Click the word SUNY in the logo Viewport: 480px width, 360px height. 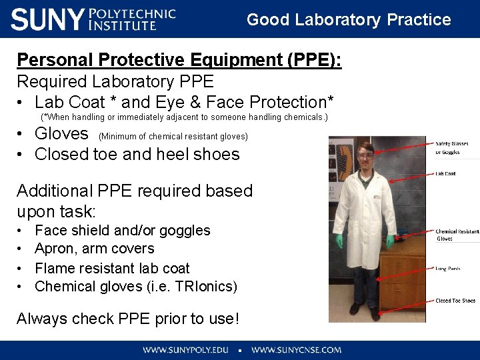tap(47, 19)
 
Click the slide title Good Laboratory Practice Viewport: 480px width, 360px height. tap(349, 20)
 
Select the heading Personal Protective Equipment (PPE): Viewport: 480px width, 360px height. tap(179, 60)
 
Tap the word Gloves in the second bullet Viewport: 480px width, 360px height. tap(61, 133)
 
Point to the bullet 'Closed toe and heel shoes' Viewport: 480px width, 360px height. tap(137, 154)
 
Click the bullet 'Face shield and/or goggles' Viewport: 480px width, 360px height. tap(122, 231)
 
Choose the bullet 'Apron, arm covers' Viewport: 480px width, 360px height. tap(94, 249)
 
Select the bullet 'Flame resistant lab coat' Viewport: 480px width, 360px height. tap(112, 268)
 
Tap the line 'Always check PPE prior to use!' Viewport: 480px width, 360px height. tap(127, 319)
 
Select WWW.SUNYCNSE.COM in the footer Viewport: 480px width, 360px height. tap(296, 349)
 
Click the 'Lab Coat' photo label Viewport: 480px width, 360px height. tap(445, 174)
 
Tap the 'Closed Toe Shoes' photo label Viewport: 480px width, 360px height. tap(455, 301)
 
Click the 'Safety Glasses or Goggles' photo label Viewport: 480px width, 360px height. tap(452, 147)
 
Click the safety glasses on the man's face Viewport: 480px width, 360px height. tap(367, 155)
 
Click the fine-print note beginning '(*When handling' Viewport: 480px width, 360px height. tap(185, 117)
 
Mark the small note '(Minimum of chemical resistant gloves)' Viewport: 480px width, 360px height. tap(173, 137)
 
